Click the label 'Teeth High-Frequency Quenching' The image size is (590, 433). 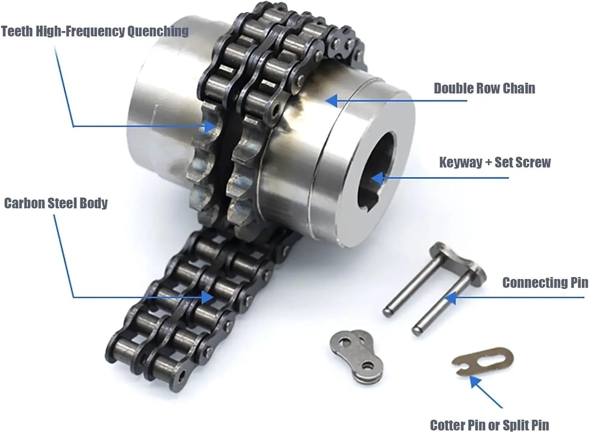[94, 31]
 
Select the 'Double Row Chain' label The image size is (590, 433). [484, 88]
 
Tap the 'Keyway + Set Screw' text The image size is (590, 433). [495, 162]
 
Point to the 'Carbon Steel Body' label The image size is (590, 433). [56, 203]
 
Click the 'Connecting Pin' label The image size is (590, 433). [545, 283]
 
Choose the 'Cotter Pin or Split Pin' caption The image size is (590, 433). [489, 425]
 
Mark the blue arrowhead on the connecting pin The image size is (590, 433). [450, 298]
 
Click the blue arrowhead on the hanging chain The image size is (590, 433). [207, 297]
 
